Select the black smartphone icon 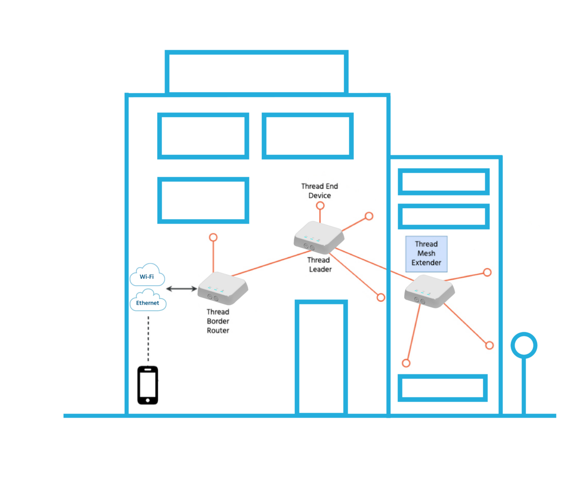148,385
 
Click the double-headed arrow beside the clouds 182,288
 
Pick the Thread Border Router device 222,288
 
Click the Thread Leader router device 318,237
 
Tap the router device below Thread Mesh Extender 429,291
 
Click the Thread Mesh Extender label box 426,254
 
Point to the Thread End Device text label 320,191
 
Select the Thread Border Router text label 218,321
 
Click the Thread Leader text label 320,264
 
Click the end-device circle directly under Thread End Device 320,205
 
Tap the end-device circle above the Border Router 213,237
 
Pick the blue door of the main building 321,358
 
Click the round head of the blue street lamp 524,345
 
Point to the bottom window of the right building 442,388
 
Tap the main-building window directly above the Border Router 203,200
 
